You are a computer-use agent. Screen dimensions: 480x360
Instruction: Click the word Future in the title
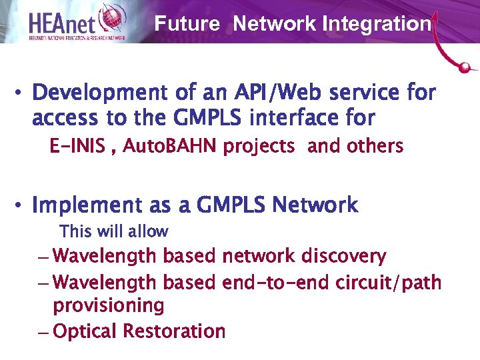click(187, 25)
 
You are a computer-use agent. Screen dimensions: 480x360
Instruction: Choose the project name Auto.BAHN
click(162, 146)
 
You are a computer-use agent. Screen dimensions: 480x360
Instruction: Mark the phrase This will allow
click(114, 232)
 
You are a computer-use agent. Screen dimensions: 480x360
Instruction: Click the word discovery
click(343, 256)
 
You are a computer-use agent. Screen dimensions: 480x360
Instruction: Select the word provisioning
click(109, 306)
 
